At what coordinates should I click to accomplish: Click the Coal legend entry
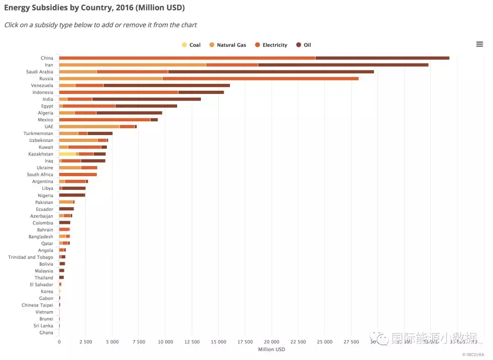point(191,45)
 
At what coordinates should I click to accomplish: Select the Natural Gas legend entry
point(228,45)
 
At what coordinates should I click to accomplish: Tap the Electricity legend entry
point(271,45)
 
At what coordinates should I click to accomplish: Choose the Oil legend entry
point(304,45)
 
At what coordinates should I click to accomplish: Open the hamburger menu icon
point(479,44)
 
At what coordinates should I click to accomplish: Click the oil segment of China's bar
point(382,58)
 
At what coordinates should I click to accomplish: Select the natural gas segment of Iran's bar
point(132,65)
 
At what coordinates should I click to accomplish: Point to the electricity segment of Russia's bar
point(260,78)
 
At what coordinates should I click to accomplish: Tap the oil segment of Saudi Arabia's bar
point(271,72)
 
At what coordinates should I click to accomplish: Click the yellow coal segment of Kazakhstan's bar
point(67,154)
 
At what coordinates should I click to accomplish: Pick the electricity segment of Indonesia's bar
point(118,92)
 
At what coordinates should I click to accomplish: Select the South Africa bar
point(78,175)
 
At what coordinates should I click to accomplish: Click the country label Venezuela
point(42,85)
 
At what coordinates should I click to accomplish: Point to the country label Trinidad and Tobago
point(31,257)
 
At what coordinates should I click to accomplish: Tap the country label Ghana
point(46,333)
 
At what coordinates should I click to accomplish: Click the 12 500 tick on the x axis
point(192,342)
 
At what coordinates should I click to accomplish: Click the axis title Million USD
point(271,350)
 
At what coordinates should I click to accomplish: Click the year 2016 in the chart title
point(121,8)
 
